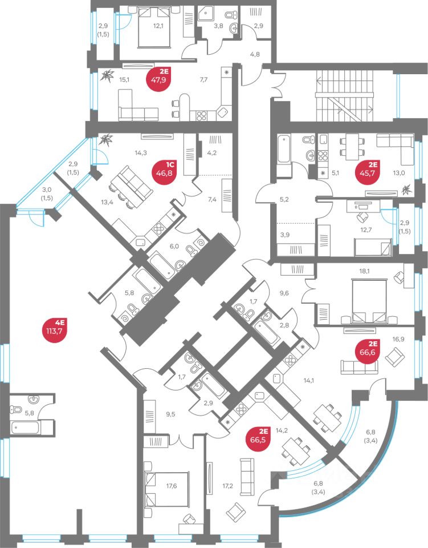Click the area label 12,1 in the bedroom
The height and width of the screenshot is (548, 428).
point(158,26)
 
